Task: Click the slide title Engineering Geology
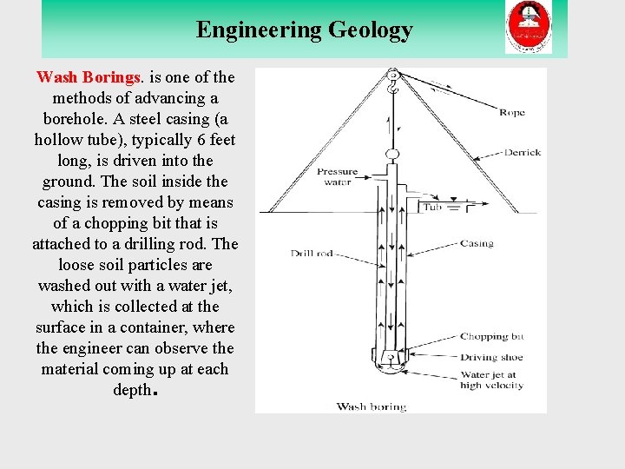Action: pyautogui.click(x=304, y=30)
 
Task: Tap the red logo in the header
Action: pyautogui.click(x=529, y=28)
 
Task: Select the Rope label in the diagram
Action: pyautogui.click(x=511, y=113)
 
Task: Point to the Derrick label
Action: pyautogui.click(x=522, y=152)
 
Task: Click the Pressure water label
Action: pyautogui.click(x=337, y=177)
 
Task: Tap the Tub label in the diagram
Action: pyautogui.click(x=432, y=208)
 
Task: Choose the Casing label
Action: pyautogui.click(x=477, y=244)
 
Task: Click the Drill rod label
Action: pyautogui.click(x=309, y=254)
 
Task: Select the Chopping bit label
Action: pyautogui.click(x=491, y=336)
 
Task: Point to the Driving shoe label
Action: pyautogui.click(x=491, y=357)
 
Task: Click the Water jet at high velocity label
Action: pyautogui.click(x=491, y=380)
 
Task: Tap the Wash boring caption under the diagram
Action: pyautogui.click(x=371, y=406)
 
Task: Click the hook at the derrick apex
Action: pyautogui.click(x=393, y=83)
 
